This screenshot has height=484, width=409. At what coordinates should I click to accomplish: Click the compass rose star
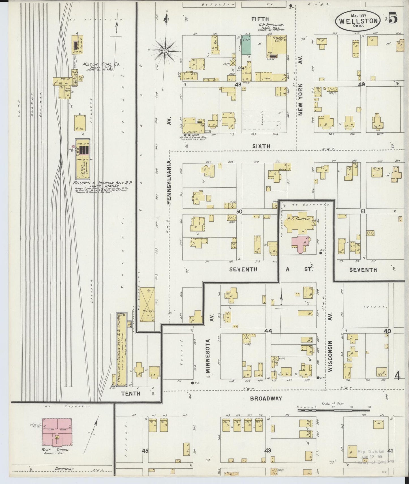164,50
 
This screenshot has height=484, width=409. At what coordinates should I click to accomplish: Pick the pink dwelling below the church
301,244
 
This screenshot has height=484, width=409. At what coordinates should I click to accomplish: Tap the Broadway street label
266,398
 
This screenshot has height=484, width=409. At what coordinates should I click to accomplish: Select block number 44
268,331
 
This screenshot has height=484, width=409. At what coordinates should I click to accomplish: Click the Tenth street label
130,393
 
